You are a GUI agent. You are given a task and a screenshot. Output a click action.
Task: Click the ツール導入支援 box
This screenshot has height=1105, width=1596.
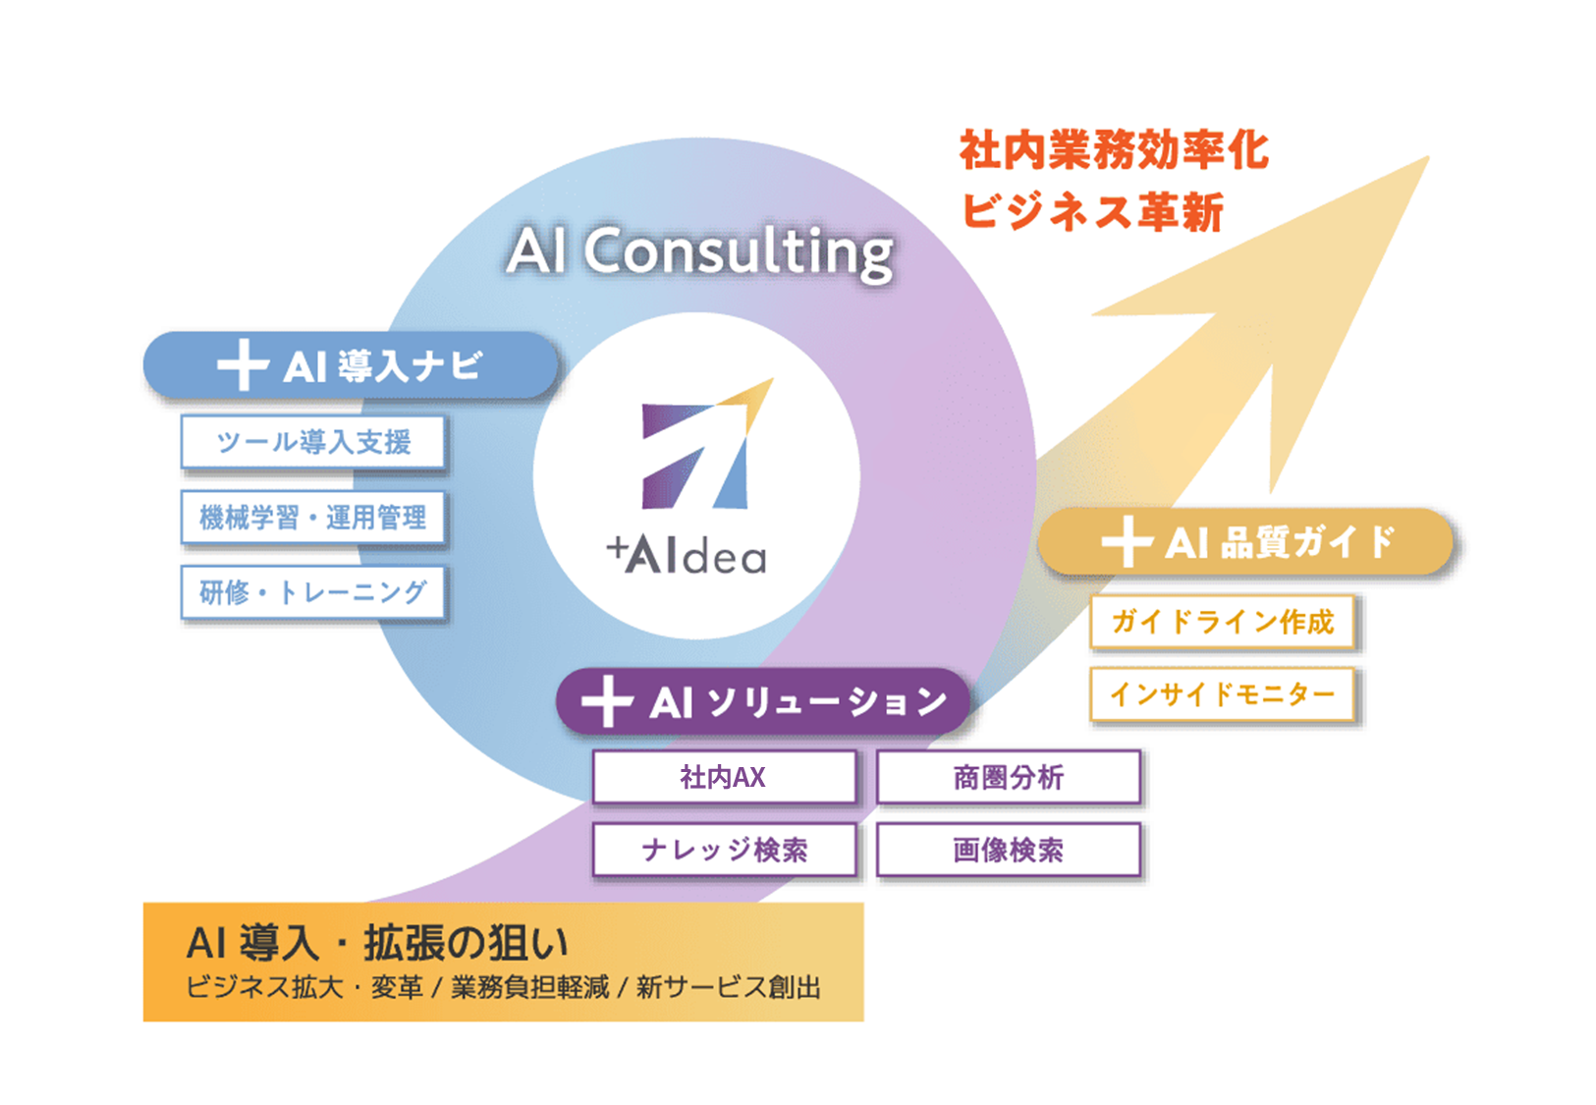click(x=312, y=442)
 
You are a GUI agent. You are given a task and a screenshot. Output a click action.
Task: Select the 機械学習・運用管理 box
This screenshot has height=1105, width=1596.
click(x=312, y=518)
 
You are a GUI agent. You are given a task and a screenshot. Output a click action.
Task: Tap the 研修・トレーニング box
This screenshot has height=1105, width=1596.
click(x=312, y=592)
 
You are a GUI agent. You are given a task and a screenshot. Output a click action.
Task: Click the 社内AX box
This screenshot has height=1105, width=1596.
click(x=724, y=777)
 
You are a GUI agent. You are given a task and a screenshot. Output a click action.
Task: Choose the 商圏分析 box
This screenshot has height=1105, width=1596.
click(x=1008, y=777)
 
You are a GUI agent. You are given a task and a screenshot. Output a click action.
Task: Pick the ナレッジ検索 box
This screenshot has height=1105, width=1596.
click(x=724, y=850)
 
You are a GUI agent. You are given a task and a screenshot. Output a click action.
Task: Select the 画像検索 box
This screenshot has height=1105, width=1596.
click(x=1008, y=850)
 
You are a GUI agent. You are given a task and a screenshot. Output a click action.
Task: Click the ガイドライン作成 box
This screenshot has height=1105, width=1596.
click(x=1222, y=622)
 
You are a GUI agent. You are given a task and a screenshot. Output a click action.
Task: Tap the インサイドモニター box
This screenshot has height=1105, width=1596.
click(x=1222, y=694)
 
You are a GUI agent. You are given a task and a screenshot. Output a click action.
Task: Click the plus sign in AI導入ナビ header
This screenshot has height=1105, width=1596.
click(x=242, y=366)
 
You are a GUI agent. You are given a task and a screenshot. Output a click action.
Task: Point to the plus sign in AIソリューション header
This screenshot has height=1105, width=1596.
click(x=607, y=701)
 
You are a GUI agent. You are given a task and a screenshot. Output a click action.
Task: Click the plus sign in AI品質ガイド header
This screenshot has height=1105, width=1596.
click(x=1126, y=541)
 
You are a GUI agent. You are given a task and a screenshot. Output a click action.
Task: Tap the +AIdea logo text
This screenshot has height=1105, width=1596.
click(x=687, y=556)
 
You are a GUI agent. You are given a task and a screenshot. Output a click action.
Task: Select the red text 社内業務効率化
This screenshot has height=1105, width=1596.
click(x=1114, y=150)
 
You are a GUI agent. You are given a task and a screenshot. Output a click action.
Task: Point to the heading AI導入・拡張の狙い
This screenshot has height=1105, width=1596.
click(x=377, y=943)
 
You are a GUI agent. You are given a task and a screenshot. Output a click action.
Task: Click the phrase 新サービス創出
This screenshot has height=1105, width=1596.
click(x=728, y=987)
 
